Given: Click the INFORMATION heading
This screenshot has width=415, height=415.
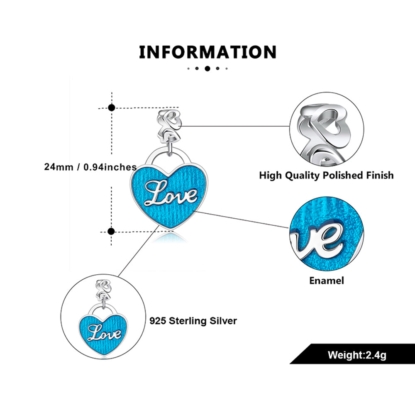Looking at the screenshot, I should pos(207,52).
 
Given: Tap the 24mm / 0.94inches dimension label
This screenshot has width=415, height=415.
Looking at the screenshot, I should pos(90,167).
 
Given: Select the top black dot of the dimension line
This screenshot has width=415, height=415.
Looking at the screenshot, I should pos(111,108).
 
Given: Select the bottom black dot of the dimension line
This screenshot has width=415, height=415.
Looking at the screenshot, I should pos(111,231).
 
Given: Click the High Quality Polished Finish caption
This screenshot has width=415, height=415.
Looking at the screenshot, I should pos(326,175).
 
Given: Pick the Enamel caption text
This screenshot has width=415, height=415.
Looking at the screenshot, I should pos(326,281).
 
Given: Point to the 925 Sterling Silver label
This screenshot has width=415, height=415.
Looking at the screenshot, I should pos(193,321).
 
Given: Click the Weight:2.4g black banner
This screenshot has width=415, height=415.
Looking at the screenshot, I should pos(357,355).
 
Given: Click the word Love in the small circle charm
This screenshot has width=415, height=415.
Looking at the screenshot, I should pos(105,333).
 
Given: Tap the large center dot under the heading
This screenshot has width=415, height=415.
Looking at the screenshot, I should pos(207,68).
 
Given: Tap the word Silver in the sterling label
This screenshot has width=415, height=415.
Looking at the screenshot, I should pos(223,321).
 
